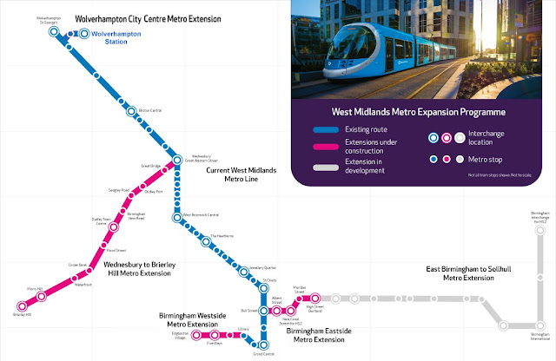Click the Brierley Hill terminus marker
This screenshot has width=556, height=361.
[23, 305]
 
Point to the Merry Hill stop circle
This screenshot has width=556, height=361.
[41, 297]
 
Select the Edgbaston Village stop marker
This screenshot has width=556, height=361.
[197, 334]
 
